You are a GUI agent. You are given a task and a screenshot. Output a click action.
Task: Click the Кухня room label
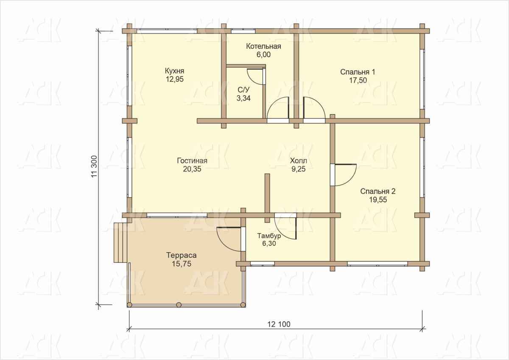pyautogui.click(x=174, y=71)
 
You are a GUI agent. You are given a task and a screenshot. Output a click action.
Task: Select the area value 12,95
pyautogui.click(x=174, y=79)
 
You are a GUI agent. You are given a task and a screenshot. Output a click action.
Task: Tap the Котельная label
pyautogui.click(x=263, y=46)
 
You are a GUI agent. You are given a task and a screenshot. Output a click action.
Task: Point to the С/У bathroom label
pyautogui.click(x=243, y=90)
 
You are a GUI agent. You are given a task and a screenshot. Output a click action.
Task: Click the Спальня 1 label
pyautogui.click(x=358, y=72)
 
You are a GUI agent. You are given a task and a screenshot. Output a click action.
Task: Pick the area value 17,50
pyautogui.click(x=358, y=81)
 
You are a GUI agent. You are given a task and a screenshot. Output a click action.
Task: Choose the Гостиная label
pyautogui.click(x=192, y=161)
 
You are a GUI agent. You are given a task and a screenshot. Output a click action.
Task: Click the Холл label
pyautogui.click(x=298, y=161)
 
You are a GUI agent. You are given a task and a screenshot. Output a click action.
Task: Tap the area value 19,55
pyautogui.click(x=378, y=200)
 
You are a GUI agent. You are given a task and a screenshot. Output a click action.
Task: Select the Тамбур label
pyautogui.click(x=269, y=236)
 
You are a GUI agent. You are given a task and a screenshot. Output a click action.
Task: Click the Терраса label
pyautogui.click(x=182, y=255)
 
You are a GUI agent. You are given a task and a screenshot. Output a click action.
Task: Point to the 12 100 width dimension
pyautogui.click(x=279, y=324)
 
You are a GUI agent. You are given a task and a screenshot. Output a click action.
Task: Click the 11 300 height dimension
pyautogui.click(x=94, y=166)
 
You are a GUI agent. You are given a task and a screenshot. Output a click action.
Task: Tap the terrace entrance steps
pyautogui.click(x=120, y=242)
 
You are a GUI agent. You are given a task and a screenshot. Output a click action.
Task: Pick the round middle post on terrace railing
pyautogui.click(x=179, y=304)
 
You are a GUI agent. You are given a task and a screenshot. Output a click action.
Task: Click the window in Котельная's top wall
pyautogui.click(x=243, y=31)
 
